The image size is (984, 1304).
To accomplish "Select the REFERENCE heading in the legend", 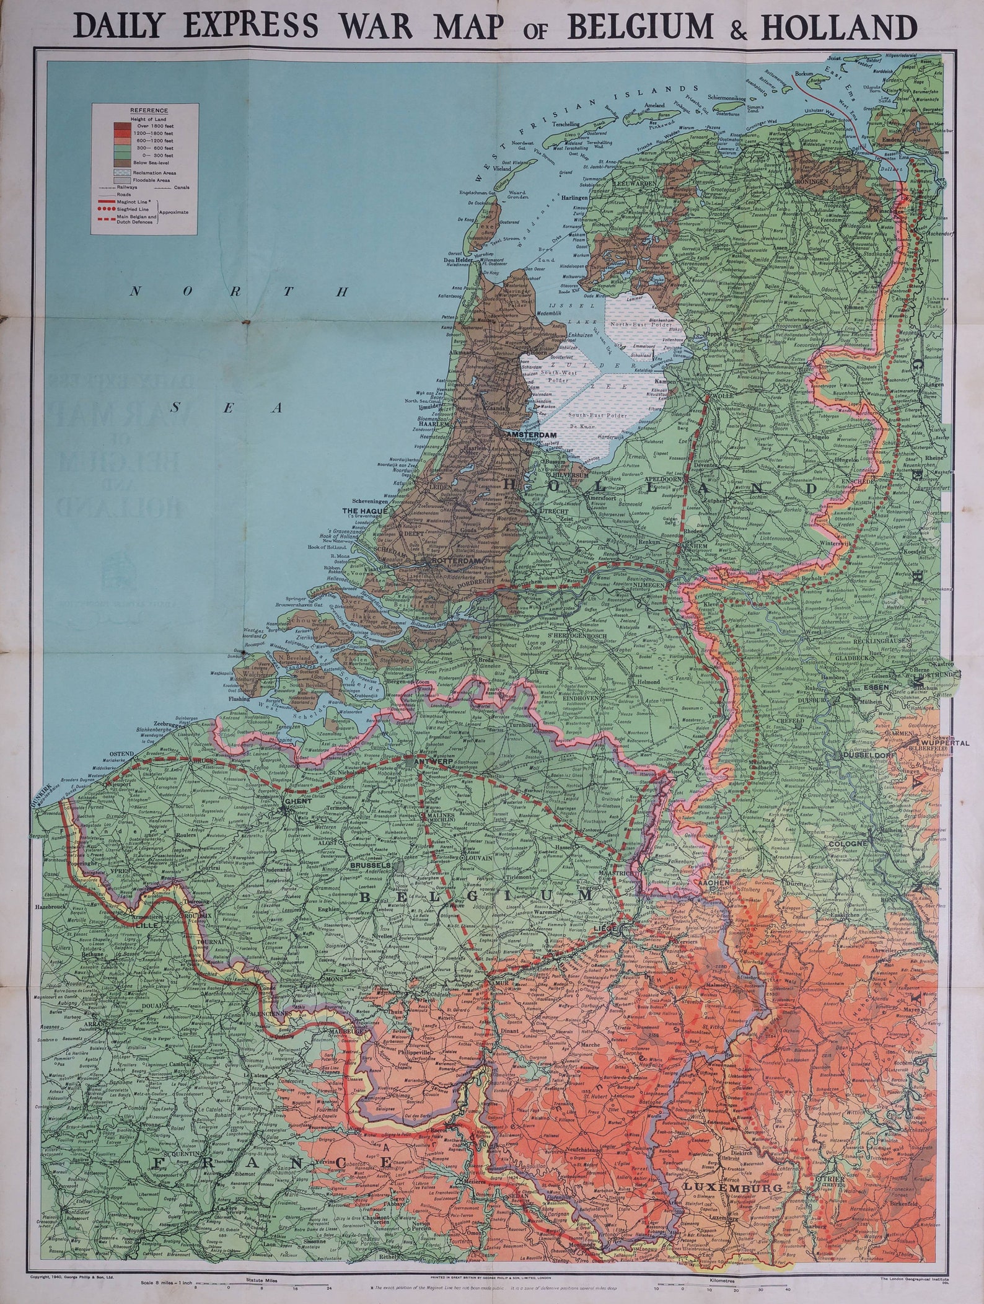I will pyautogui.click(x=145, y=110).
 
